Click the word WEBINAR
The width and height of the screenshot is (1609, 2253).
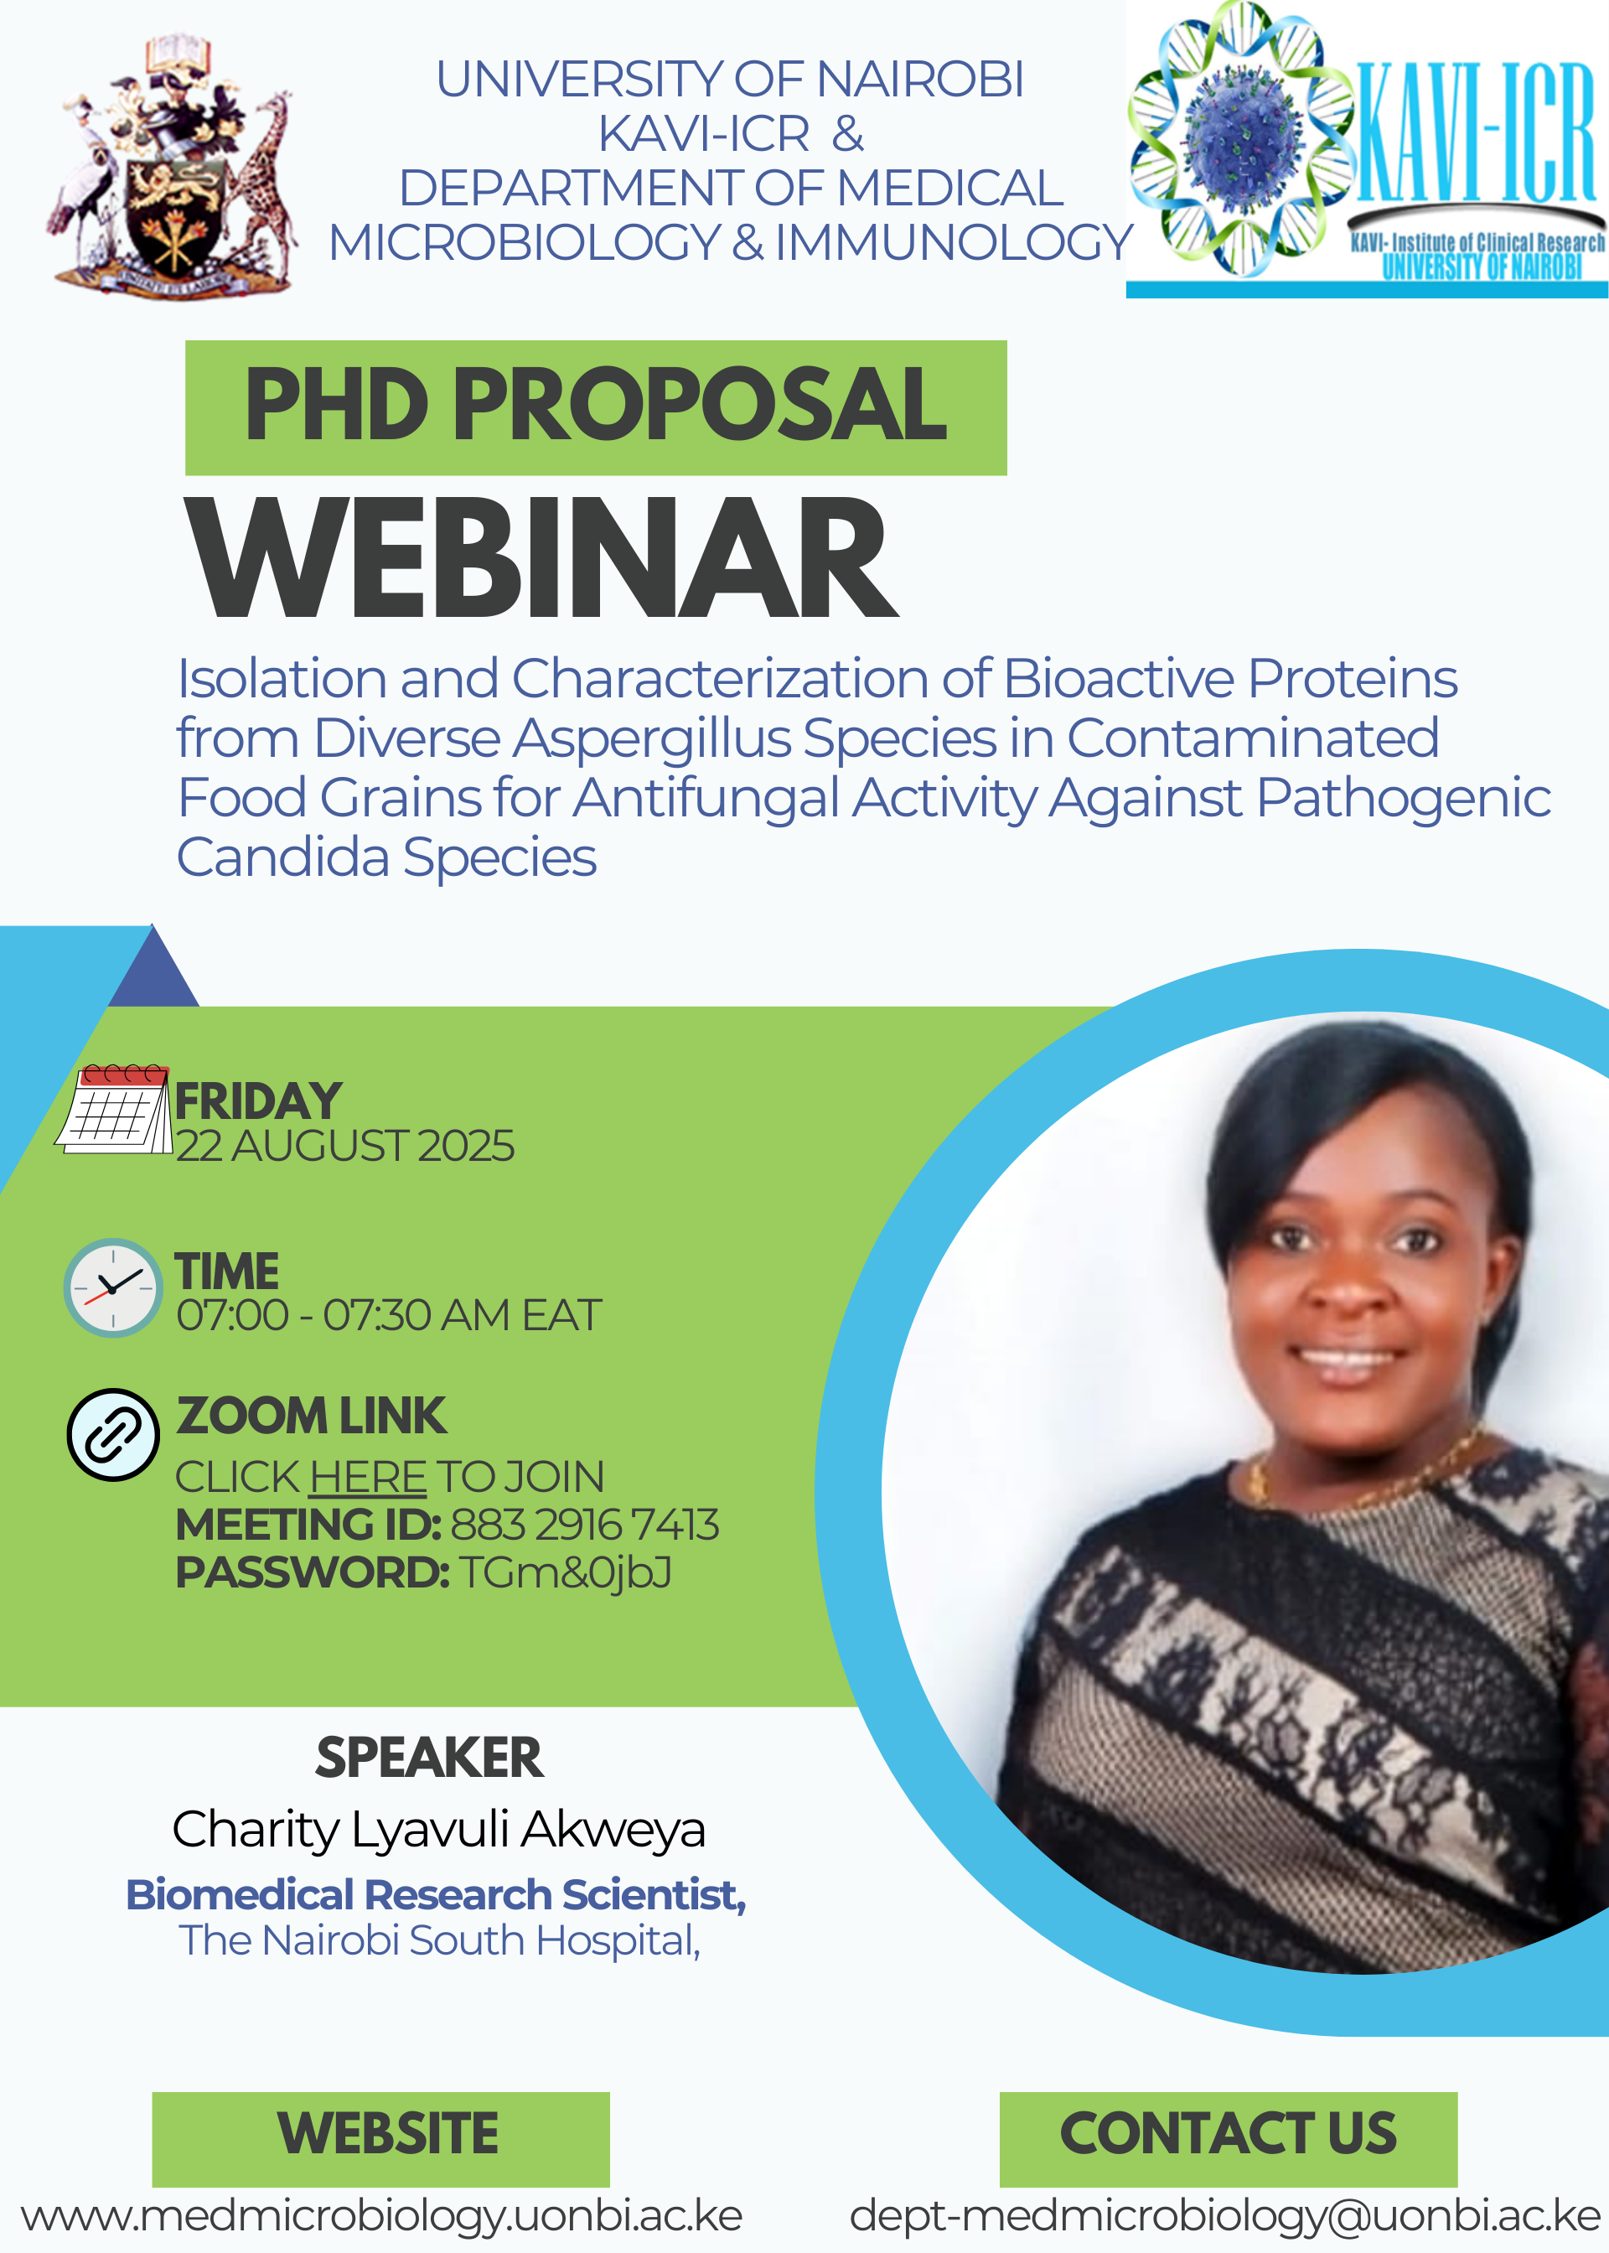pyautogui.click(x=542, y=557)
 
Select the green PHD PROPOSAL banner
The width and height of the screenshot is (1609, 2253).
pyautogui.click(x=596, y=407)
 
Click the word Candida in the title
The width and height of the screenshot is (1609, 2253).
pyautogui.click(x=282, y=857)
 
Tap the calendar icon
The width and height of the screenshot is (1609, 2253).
pyautogui.click(x=114, y=1109)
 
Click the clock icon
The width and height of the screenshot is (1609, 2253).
pyautogui.click(x=113, y=1288)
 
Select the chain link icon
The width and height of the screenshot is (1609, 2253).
pyautogui.click(x=113, y=1435)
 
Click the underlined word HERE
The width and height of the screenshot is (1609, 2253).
pyautogui.click(x=368, y=1477)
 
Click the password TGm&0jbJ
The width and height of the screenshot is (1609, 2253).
pyautogui.click(x=566, y=1573)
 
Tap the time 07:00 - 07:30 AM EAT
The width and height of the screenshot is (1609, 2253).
pyautogui.click(x=388, y=1316)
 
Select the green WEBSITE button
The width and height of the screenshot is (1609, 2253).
pyautogui.click(x=380, y=2140)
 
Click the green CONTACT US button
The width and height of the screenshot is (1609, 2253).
pyautogui.click(x=1229, y=2140)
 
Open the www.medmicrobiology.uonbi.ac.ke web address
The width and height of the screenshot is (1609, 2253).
pyautogui.click(x=381, y=2216)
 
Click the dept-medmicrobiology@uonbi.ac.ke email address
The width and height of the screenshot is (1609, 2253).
pyautogui.click(x=1225, y=2216)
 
